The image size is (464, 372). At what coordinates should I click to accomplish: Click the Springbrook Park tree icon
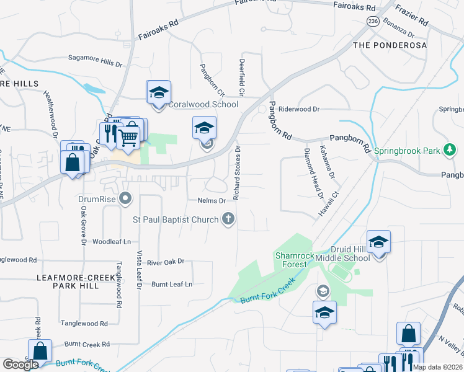click(x=450, y=150)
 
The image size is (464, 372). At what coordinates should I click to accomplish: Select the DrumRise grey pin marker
click(x=126, y=200)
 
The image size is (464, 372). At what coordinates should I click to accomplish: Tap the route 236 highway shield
click(x=372, y=21)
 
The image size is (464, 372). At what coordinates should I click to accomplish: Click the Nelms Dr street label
click(x=212, y=201)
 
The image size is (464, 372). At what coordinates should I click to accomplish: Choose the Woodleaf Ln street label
click(x=112, y=241)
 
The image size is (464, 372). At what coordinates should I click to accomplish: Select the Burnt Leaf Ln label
click(x=172, y=284)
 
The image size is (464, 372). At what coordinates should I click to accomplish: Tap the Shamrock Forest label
click(x=292, y=260)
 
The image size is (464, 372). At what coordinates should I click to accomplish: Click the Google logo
click(x=20, y=365)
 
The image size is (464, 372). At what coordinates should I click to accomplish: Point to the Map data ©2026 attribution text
click(x=437, y=368)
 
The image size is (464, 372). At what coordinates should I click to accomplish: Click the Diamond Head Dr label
click(x=313, y=174)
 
